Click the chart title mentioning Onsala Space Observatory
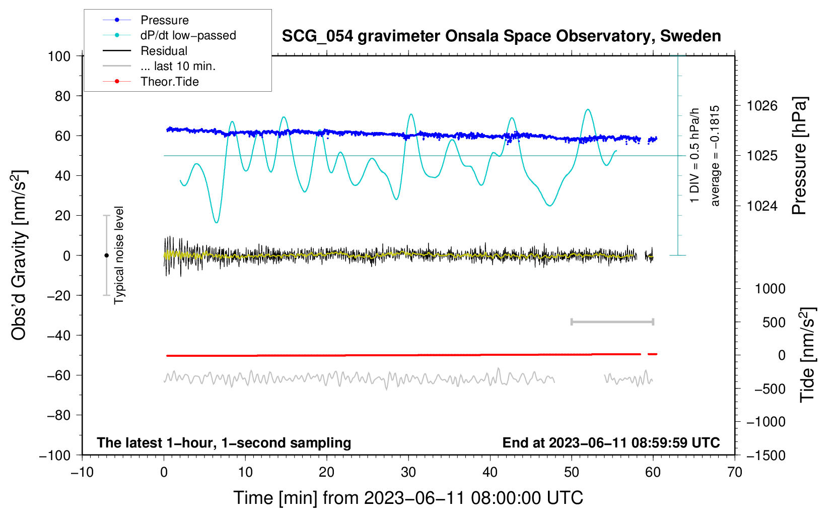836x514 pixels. tap(501, 36)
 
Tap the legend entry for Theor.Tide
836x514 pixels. tap(169, 82)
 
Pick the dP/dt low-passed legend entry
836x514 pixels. tap(188, 35)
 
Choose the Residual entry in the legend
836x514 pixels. tap(164, 51)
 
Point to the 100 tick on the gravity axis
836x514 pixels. tap(59, 56)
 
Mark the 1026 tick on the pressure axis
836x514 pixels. tap(762, 106)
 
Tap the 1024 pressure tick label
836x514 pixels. tap(762, 206)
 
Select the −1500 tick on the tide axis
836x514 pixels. tap(766, 455)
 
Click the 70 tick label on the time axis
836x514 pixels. tap(735, 472)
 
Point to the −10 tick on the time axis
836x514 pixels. tap(82, 472)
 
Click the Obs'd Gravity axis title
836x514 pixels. tap(19, 255)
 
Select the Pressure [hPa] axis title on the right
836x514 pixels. tap(799, 156)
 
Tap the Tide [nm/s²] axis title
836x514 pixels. tap(807, 355)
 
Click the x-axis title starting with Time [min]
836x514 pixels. tap(408, 498)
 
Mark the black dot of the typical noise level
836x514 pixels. tap(106, 255)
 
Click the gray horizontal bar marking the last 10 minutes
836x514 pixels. tap(612, 322)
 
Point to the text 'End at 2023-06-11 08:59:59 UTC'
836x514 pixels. tap(611, 442)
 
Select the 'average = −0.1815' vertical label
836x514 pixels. tap(715, 156)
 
